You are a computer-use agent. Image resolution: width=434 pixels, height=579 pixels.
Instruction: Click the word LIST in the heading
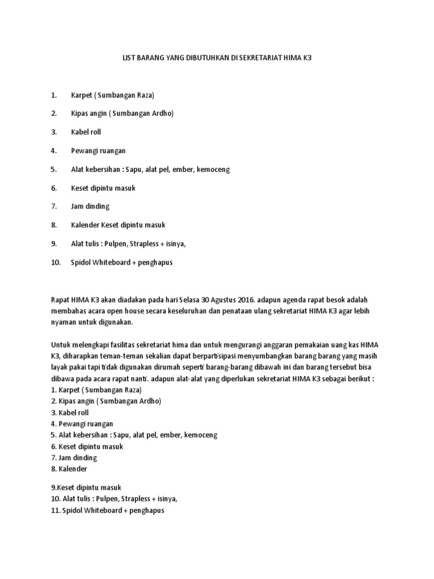point(129,58)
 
